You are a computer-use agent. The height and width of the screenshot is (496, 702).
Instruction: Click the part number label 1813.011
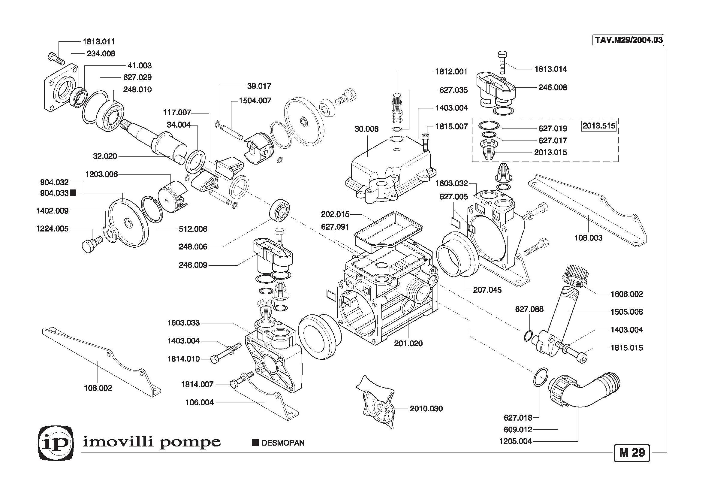(x=98, y=42)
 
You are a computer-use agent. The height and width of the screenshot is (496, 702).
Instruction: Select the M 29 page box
(x=632, y=452)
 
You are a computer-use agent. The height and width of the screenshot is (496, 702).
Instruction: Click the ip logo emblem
(x=56, y=443)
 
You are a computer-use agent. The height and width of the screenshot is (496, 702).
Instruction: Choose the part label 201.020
(x=408, y=343)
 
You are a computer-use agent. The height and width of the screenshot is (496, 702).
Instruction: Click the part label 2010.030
(x=426, y=409)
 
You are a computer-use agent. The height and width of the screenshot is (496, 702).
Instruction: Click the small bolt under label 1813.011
(x=56, y=59)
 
